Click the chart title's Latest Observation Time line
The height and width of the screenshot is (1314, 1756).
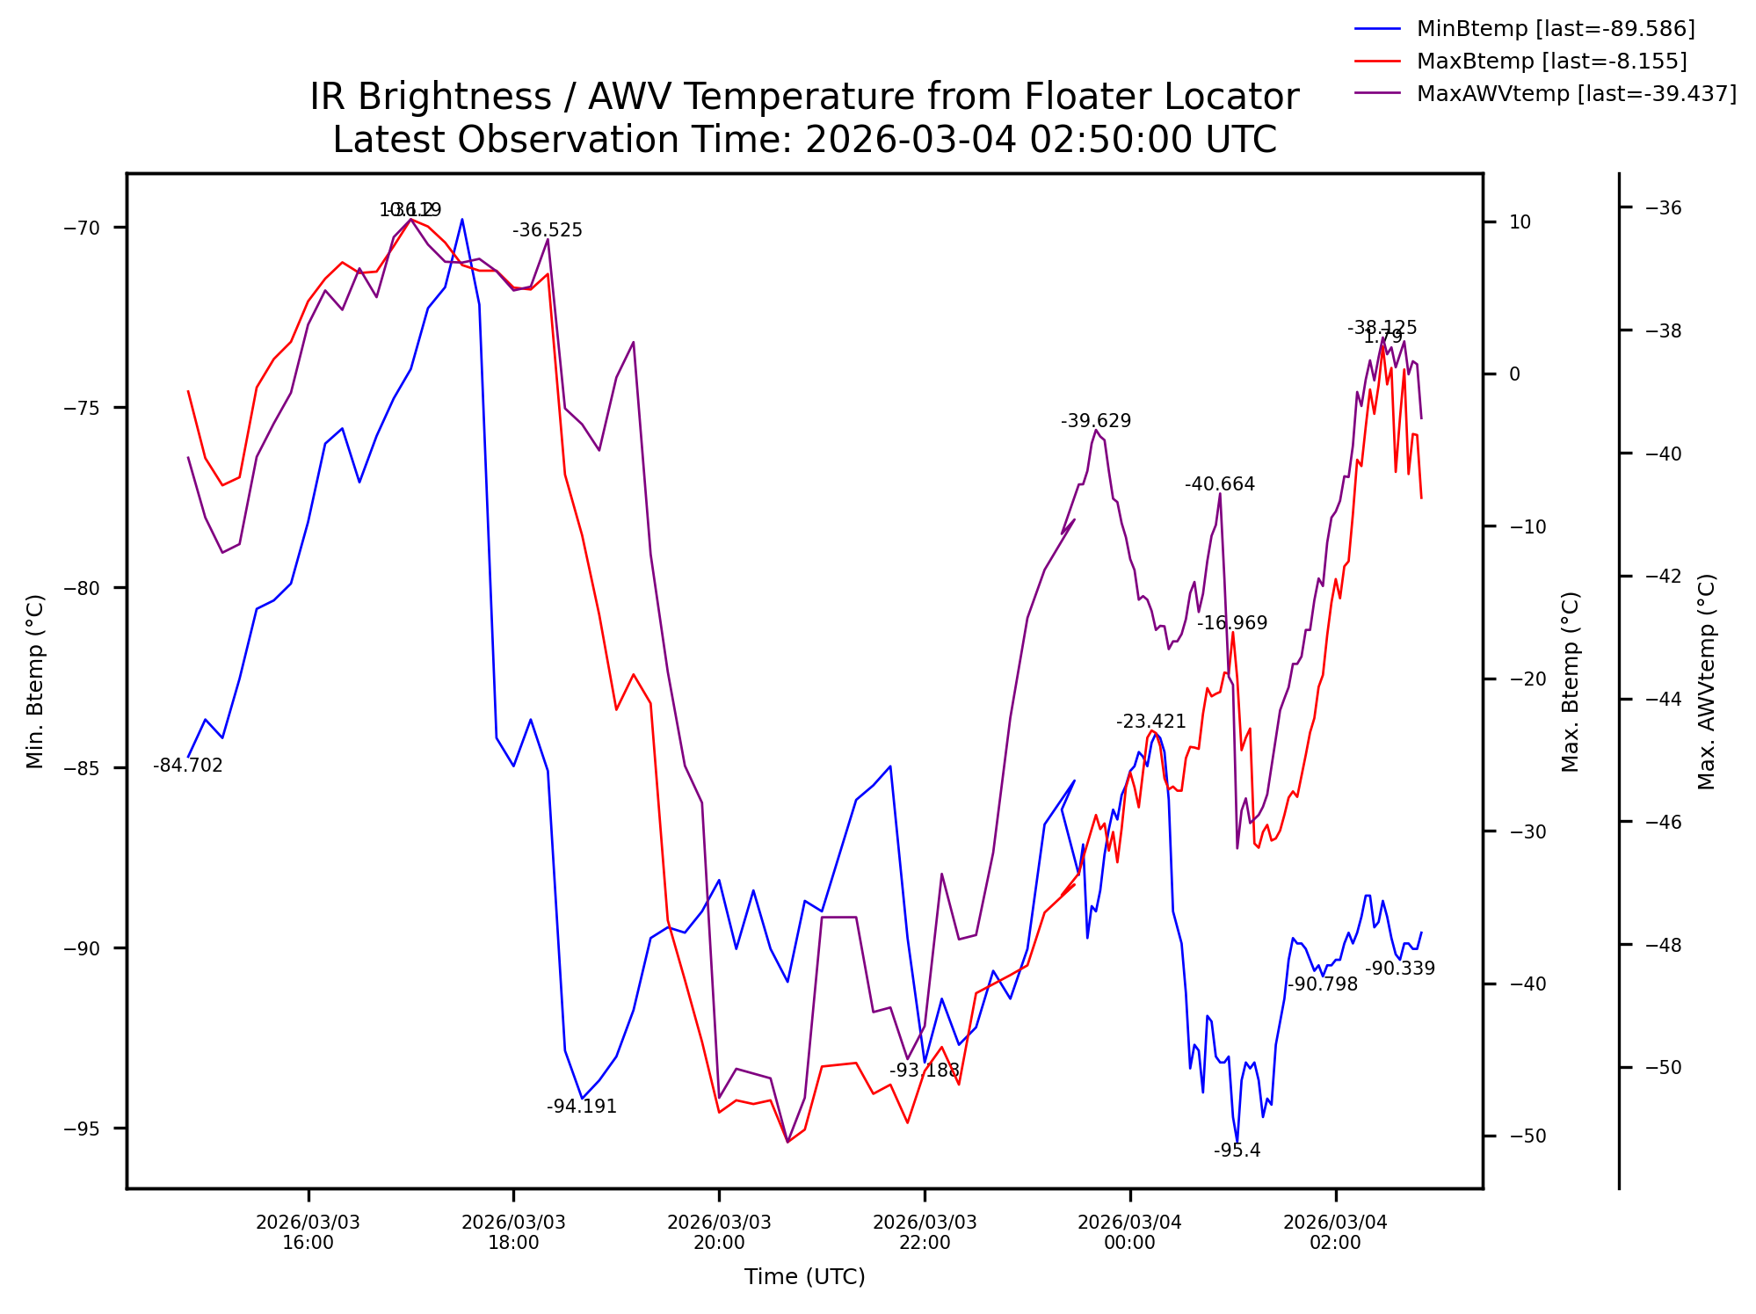coord(804,141)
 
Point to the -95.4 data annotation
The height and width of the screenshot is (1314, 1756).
coord(1237,1151)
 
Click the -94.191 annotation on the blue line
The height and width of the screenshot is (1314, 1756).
coord(582,1107)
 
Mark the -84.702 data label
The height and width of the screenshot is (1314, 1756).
coord(188,766)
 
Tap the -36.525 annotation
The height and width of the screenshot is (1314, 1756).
coord(548,230)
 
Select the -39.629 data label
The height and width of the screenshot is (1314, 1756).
coord(1096,421)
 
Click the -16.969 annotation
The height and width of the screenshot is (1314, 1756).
coord(1232,623)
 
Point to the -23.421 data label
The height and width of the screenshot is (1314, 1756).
coord(1151,722)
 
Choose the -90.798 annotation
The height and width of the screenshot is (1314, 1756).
coord(1323,984)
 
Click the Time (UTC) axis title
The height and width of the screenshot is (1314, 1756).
coord(804,1277)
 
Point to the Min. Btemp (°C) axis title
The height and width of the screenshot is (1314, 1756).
coord(35,681)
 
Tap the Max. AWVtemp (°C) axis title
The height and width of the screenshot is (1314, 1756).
coord(1707,681)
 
